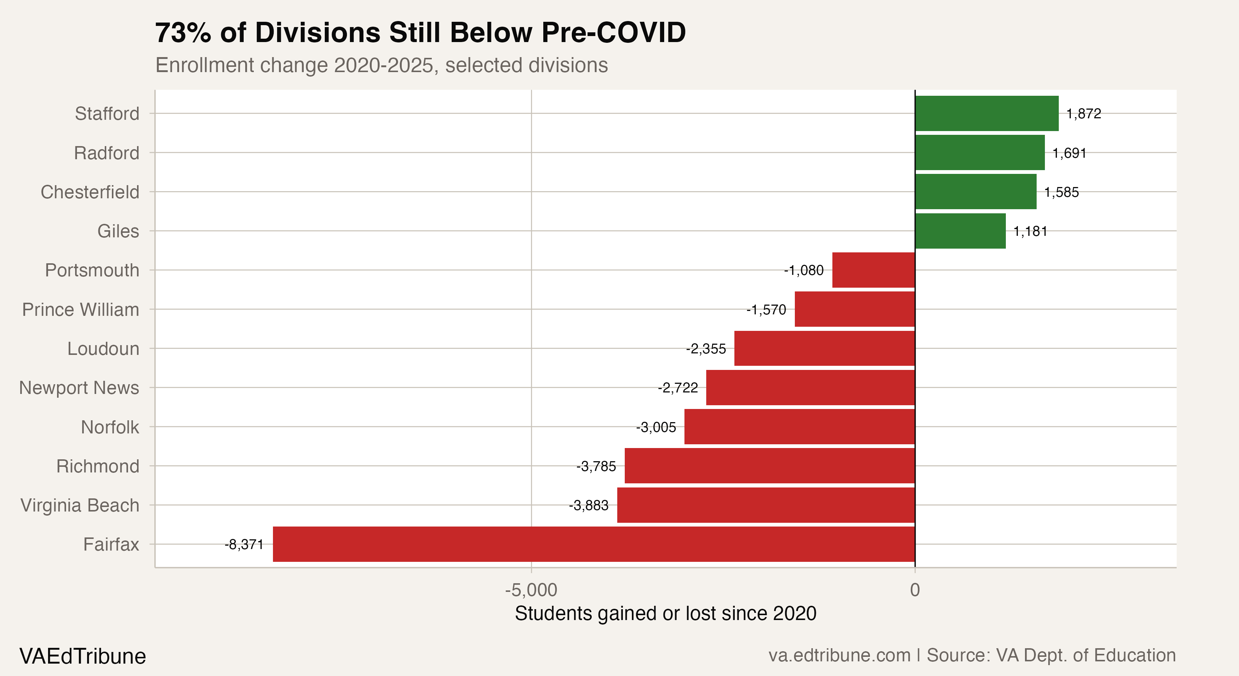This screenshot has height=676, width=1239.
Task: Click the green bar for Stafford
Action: (986, 113)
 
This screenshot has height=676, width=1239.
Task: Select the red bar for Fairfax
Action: (594, 544)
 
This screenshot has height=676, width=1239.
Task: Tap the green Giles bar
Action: (960, 231)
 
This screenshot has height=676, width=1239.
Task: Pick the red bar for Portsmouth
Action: (873, 270)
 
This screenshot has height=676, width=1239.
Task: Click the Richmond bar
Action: (770, 466)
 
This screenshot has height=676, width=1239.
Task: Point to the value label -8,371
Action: (244, 545)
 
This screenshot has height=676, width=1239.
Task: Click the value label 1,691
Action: (1069, 153)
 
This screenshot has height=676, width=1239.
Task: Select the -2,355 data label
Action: (705, 349)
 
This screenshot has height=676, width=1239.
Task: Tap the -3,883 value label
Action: (588, 505)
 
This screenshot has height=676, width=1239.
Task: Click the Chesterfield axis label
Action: (90, 192)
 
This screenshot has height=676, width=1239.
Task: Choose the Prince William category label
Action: (80, 309)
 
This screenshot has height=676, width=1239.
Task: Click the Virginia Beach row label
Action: (80, 505)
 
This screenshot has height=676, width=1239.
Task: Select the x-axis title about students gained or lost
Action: (665, 613)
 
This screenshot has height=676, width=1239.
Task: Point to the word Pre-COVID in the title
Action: (613, 33)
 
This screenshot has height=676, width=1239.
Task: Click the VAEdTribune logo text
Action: (82, 656)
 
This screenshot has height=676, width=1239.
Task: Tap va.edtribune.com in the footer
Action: (839, 655)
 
